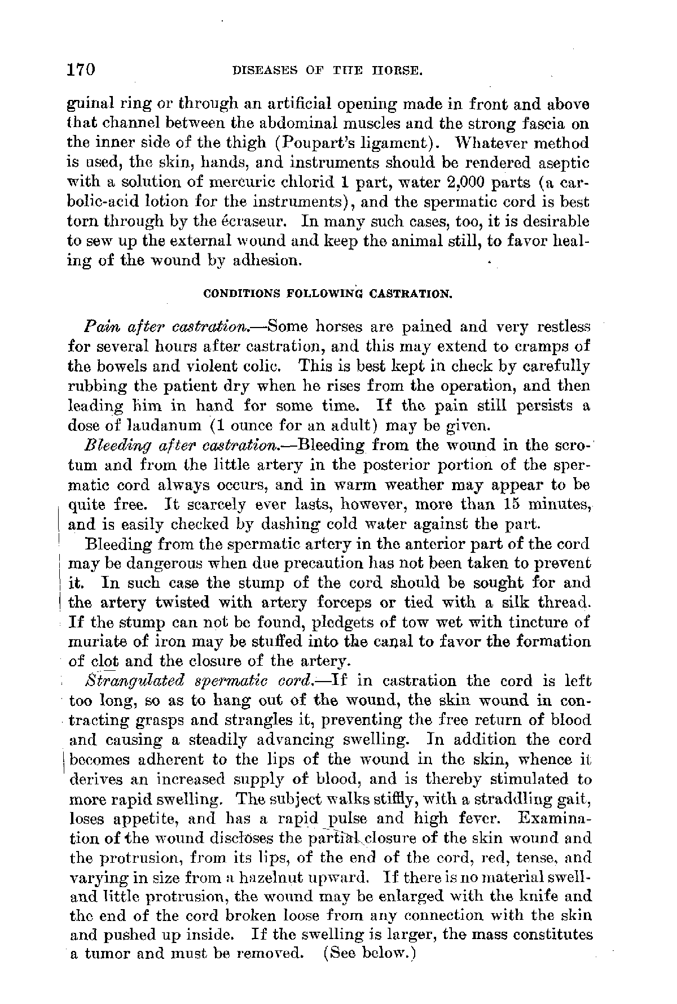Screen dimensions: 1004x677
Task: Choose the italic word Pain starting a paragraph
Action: [x=97, y=327]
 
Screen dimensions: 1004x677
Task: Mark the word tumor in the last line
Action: [x=104, y=954]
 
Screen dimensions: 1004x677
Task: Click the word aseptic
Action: [x=561, y=163]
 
